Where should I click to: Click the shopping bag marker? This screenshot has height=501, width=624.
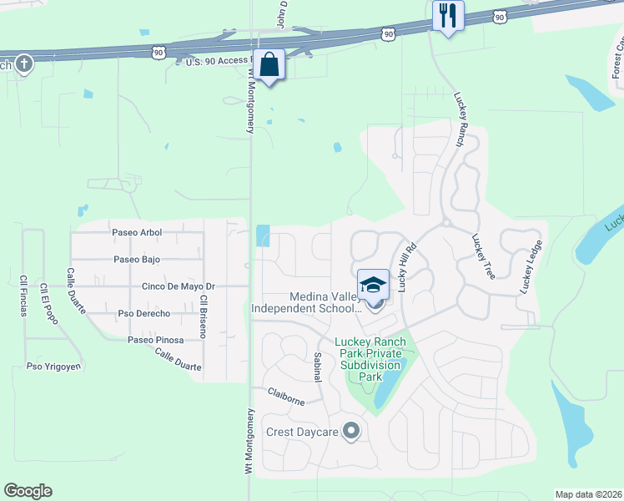tap(269, 64)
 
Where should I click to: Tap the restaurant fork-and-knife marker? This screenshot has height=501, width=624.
tap(448, 16)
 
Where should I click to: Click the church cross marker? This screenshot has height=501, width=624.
tap(24, 63)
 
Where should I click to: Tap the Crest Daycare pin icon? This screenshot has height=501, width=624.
tap(351, 432)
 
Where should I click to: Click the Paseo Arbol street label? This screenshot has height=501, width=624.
tap(137, 232)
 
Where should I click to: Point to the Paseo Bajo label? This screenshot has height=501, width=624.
tap(137, 259)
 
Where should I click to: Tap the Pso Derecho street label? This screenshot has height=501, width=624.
tap(143, 313)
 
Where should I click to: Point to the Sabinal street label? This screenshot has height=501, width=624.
tap(317, 366)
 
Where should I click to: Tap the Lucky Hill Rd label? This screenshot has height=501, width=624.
tap(406, 267)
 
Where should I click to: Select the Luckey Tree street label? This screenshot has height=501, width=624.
tap(483, 256)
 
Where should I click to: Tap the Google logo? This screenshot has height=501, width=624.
tap(28, 491)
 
